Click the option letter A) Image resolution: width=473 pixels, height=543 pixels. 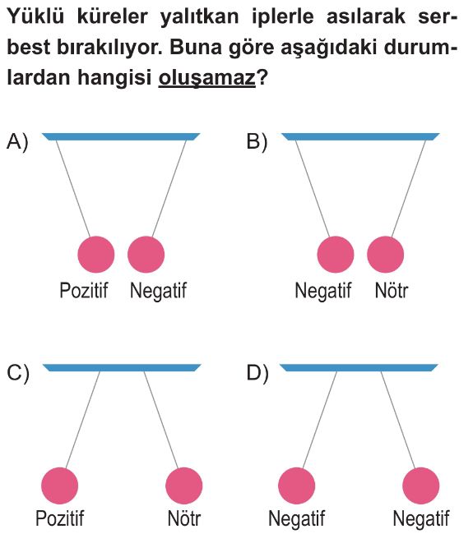click(17, 141)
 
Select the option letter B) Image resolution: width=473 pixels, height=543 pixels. click(257, 141)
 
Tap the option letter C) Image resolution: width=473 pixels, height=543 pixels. click(17, 373)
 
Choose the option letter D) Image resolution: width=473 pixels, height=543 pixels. click(257, 373)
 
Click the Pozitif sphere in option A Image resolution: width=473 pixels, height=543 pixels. click(96, 255)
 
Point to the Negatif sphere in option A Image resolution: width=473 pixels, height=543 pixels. click(146, 255)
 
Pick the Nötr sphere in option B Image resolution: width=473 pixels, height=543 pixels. click(386, 255)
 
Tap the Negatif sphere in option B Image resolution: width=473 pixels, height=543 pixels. click(336, 255)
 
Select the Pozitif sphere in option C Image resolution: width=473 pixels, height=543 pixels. click(60, 485)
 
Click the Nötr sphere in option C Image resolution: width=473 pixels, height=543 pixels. click(184, 485)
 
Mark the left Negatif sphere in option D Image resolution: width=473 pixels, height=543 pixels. click(297, 485)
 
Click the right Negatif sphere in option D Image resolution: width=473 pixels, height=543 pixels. click(421, 485)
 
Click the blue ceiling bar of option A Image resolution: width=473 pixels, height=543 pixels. click(121, 136)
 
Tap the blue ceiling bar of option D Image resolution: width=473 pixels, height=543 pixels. click(359, 368)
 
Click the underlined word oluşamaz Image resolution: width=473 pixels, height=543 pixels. click(207, 77)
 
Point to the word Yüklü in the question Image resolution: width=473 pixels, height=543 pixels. click(35, 16)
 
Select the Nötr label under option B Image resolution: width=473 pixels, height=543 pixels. click(392, 290)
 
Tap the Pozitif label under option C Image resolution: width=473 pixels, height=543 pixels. click(60, 518)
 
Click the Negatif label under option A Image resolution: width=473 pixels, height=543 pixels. click(158, 290)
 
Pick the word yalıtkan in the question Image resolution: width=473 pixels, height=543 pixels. click(200, 16)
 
